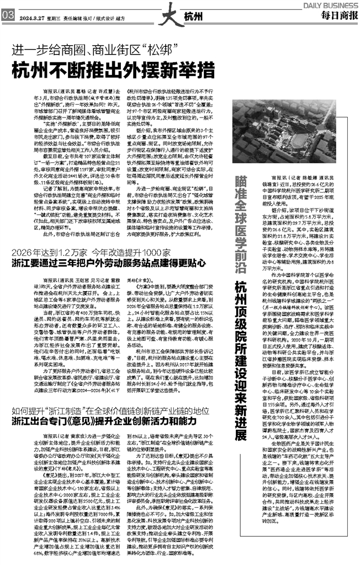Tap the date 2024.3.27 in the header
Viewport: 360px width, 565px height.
(x=31, y=17)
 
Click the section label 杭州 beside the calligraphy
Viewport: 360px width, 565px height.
(x=193, y=15)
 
